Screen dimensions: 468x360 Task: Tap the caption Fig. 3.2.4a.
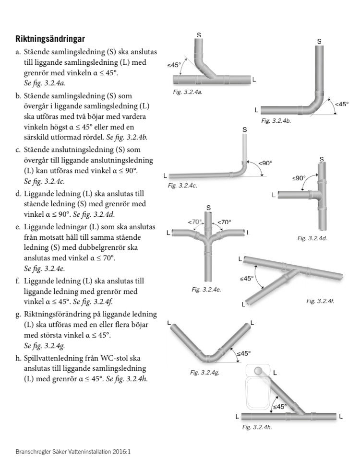click(x=188, y=91)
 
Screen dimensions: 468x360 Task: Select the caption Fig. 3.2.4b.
click(x=276, y=121)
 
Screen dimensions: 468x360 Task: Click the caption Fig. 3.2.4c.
click(x=182, y=185)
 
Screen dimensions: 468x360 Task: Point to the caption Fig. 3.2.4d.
click(x=312, y=238)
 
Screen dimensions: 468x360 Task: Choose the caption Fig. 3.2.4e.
click(x=206, y=289)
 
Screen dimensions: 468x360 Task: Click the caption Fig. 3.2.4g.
click(x=205, y=372)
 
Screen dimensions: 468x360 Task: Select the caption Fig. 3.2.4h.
click(x=257, y=426)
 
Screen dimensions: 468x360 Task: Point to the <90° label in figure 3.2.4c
click(x=265, y=163)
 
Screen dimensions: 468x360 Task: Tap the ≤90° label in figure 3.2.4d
click(x=299, y=178)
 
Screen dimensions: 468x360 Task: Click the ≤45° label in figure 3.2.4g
click(x=243, y=353)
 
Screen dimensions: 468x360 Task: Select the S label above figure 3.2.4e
click(x=208, y=207)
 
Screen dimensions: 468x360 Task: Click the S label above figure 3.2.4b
click(x=319, y=42)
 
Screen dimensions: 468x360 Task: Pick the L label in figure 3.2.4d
click(x=274, y=195)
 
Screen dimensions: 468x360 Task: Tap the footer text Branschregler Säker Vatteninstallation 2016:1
click(x=73, y=451)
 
